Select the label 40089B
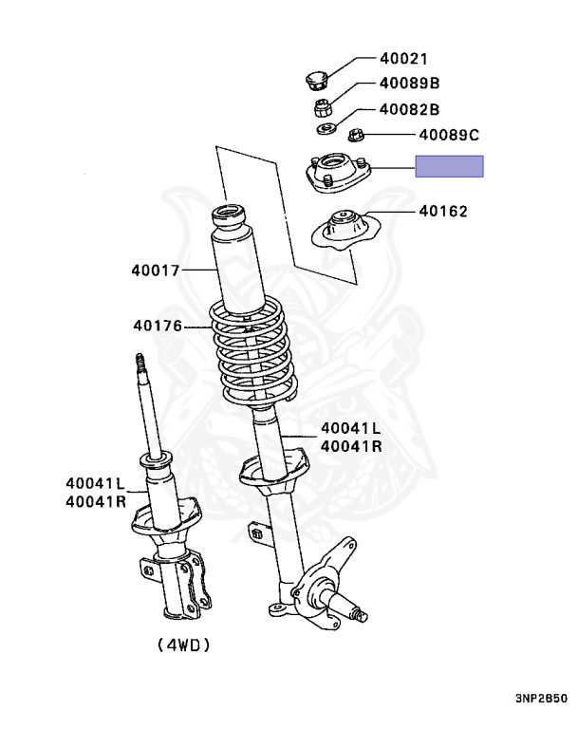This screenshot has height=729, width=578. [409, 84]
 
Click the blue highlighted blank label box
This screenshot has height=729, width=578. [449, 167]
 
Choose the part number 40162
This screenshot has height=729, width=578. [442, 211]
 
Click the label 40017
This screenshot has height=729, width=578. [156, 270]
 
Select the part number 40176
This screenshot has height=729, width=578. [156, 326]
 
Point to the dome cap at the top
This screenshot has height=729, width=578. [317, 77]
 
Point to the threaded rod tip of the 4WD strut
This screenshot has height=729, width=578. [140, 363]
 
